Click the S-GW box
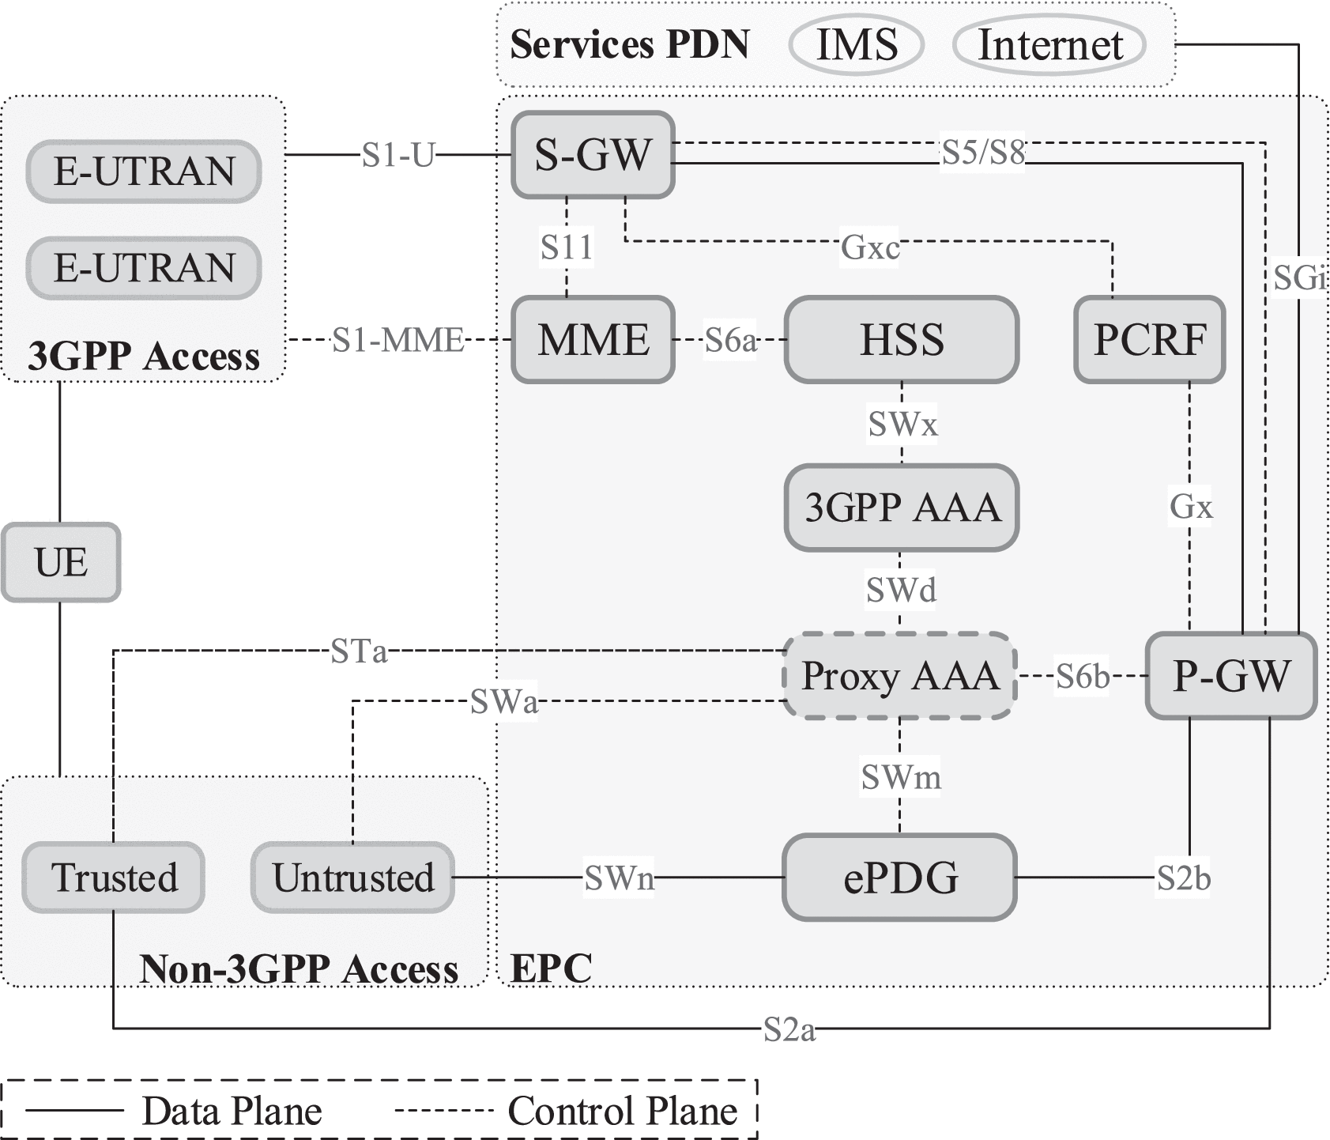[593, 155]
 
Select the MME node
[593, 340]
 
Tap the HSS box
[901, 340]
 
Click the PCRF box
[1150, 340]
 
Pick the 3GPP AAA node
[901, 508]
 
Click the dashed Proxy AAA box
[899, 676]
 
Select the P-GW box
[1230, 676]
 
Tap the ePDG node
[899, 878]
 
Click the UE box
[61, 562]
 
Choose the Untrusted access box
[352, 878]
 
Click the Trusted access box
[114, 878]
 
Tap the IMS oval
[857, 44]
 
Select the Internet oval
[1049, 44]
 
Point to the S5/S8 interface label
[982, 153]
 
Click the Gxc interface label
[869, 248]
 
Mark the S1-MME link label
[397, 340]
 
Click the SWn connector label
[619, 878]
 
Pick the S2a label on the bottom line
[789, 1029]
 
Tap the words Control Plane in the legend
[622, 1111]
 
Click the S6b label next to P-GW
[1082, 676]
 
